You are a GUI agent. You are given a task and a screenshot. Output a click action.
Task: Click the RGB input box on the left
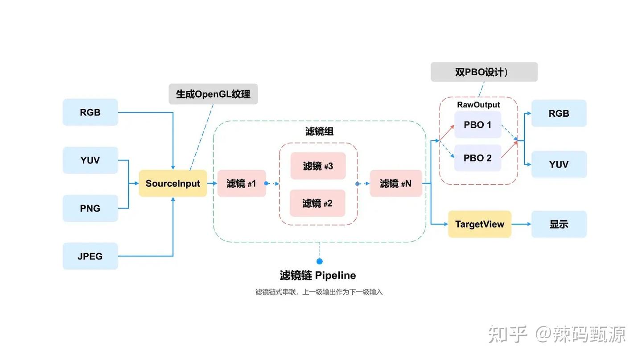[x=90, y=112]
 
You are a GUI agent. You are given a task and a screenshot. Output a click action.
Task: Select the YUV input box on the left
[x=90, y=160]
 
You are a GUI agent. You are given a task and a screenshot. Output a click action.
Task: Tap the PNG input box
[x=90, y=208]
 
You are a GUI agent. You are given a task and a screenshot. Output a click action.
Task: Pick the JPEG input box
[x=90, y=256]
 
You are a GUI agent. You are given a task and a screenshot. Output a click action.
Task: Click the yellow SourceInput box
[x=173, y=183]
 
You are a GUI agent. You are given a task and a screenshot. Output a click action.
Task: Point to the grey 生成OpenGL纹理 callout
[x=213, y=94]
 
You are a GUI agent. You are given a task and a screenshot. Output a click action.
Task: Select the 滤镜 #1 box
[x=242, y=183]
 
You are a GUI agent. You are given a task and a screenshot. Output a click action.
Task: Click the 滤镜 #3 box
[x=318, y=166]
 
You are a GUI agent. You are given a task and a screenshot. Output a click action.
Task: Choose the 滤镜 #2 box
[x=317, y=203]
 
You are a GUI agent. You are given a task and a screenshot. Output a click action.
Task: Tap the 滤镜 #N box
[x=395, y=183]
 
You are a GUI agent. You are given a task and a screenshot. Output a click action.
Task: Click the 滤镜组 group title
[x=319, y=131]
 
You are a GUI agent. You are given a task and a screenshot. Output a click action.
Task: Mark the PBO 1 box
[x=477, y=125]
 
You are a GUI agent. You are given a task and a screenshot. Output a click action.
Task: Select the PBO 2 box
[x=477, y=158]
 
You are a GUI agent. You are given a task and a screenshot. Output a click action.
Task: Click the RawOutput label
[x=478, y=105]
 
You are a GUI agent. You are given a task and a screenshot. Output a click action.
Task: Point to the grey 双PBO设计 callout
[x=484, y=72]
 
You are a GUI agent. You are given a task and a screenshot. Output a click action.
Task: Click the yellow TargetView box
[x=479, y=224]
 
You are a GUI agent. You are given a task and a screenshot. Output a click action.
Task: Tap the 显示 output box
[x=559, y=224]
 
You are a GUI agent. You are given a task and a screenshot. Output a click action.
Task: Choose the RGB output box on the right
[x=559, y=113]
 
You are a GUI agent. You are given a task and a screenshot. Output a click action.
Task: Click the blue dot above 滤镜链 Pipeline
[x=319, y=262]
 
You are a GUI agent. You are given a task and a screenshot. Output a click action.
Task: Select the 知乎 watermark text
[x=508, y=334]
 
